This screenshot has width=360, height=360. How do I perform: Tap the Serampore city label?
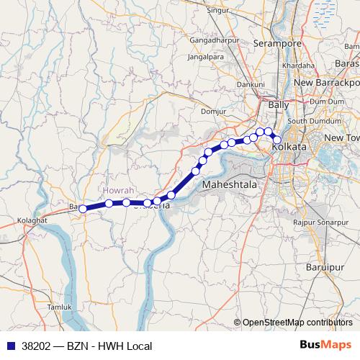coord(277,44)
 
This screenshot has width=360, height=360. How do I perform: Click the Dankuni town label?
coord(251,84)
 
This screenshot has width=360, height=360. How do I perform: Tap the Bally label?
coord(278,105)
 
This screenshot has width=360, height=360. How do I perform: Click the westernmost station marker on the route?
coord(83,209)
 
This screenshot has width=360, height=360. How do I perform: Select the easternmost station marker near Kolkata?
coord(276,140)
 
